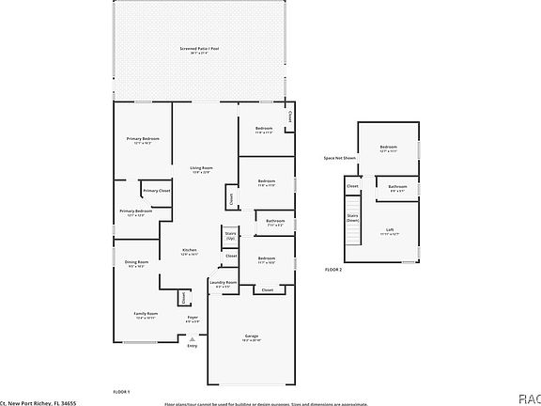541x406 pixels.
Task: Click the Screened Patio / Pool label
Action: pyautogui.click(x=199, y=48)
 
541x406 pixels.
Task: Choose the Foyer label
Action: pyautogui.click(x=193, y=318)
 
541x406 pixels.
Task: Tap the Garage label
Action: pyautogui.click(x=252, y=336)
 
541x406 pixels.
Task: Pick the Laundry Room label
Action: pyautogui.click(x=223, y=282)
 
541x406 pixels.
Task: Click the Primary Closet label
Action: pyautogui.click(x=157, y=191)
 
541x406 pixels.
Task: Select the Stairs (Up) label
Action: pyautogui.click(x=230, y=234)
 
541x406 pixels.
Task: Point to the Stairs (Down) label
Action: pyautogui.click(x=353, y=219)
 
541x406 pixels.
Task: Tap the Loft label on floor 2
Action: pyautogui.click(x=390, y=228)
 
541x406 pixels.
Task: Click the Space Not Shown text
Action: pyautogui.click(x=340, y=158)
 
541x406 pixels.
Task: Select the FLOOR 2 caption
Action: pyautogui.click(x=333, y=270)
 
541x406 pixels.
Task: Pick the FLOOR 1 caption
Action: pyautogui.click(x=121, y=390)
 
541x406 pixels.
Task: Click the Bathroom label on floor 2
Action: pyautogui.click(x=398, y=186)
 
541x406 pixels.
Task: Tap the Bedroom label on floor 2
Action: pyautogui.click(x=389, y=147)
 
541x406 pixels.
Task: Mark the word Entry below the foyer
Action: pyautogui.click(x=193, y=346)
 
